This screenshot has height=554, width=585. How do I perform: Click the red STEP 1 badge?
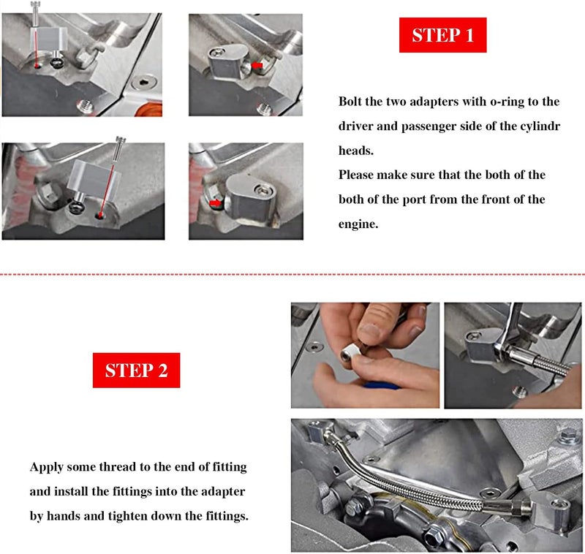(x=443, y=35)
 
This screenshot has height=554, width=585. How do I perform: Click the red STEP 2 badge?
(x=136, y=371)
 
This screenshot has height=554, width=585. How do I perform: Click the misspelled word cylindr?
(x=542, y=126)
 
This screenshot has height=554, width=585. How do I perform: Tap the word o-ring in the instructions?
(x=507, y=102)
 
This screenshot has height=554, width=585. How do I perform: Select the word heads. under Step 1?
(x=356, y=151)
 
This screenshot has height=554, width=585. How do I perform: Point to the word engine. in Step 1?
(x=358, y=224)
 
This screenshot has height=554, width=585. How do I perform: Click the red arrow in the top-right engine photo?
(x=257, y=66)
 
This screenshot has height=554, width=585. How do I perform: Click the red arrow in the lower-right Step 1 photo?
(x=214, y=202)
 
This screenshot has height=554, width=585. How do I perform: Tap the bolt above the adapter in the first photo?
(x=36, y=13)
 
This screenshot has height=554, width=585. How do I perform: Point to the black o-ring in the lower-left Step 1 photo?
(x=76, y=208)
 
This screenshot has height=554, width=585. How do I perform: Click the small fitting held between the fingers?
(x=350, y=352)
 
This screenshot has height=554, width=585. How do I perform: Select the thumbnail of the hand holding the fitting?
(x=365, y=355)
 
